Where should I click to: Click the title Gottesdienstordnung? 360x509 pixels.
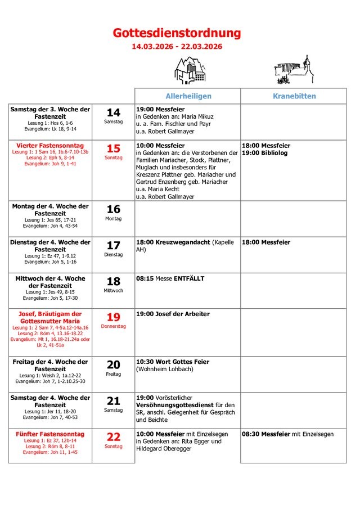(177, 33)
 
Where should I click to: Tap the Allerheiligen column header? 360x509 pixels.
(188, 96)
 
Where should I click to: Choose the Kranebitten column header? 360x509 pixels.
(294, 96)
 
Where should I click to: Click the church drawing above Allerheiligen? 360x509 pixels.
(188, 71)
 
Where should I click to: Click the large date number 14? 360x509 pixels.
(114, 112)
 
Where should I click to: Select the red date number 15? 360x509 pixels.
(114, 148)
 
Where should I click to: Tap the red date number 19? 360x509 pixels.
(114, 317)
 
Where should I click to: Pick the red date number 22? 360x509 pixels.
(114, 437)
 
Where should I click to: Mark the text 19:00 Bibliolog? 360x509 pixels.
(264, 153)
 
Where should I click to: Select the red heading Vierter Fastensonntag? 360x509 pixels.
(50, 145)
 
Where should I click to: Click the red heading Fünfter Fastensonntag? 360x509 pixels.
(51, 434)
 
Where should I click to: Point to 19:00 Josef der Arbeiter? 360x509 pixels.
(173, 314)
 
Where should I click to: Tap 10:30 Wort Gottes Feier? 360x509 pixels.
(173, 362)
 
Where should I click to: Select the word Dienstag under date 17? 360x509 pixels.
(114, 254)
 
